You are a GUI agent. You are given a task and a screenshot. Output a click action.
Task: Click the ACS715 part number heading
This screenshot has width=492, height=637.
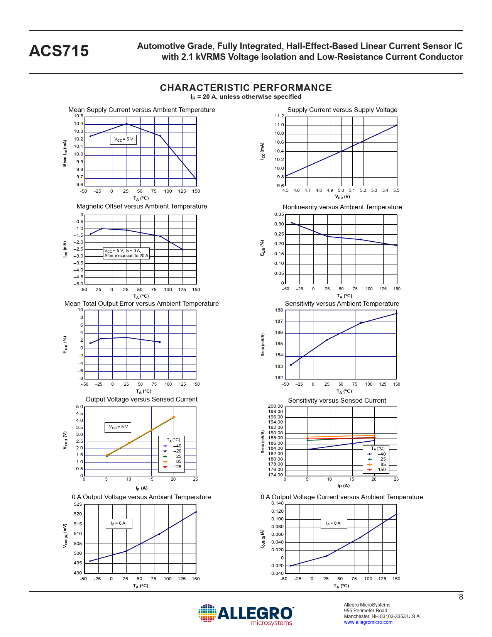[59, 51]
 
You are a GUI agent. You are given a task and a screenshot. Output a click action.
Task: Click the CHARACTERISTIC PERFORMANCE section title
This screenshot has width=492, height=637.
[246, 88]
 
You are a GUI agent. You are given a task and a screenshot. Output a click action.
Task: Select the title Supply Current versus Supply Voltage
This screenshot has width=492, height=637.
[342, 110]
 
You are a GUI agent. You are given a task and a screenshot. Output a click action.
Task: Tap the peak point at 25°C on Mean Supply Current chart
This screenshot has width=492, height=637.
[127, 124]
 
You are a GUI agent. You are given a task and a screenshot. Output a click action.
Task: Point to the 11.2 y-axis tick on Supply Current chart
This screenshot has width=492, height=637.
[279, 116]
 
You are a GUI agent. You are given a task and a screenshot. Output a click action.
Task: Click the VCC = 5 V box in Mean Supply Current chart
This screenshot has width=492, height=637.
[123, 139]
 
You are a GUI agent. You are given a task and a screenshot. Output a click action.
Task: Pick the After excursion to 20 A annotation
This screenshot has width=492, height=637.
[126, 256]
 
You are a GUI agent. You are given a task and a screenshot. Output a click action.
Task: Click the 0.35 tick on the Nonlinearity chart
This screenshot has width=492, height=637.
[279, 214]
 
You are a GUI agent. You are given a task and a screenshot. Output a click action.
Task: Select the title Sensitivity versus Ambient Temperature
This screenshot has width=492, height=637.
[342, 303]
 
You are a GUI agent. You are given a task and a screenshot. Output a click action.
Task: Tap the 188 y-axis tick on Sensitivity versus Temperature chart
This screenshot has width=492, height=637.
[279, 310]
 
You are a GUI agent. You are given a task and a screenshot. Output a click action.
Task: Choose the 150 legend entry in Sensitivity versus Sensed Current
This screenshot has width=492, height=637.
[381, 469]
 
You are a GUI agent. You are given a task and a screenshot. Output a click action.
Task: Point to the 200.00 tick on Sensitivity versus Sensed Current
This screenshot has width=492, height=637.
[275, 406]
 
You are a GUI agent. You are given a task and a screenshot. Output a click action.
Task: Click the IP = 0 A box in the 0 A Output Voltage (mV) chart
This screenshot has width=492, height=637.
[118, 523]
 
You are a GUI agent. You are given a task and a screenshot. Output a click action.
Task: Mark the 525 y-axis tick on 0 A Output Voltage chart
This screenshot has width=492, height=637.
[78, 504]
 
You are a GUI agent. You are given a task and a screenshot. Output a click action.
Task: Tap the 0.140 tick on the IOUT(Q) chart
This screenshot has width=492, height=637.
[277, 503]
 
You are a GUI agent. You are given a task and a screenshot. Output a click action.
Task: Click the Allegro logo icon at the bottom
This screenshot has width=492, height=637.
[207, 613]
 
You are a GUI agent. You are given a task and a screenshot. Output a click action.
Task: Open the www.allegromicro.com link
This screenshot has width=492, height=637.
[368, 622]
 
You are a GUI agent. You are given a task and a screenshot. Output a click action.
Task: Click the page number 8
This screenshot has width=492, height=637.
[461, 597]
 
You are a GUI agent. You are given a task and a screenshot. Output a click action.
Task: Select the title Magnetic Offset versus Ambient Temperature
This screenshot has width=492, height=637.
[142, 206]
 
